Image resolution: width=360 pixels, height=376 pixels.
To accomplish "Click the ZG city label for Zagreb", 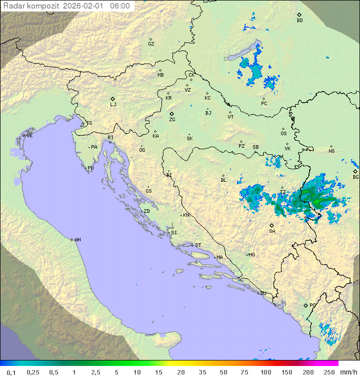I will (172, 120).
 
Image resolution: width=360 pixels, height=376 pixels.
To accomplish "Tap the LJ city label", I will (113, 105).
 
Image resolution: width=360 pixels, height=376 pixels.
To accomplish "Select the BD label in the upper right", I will (299, 21).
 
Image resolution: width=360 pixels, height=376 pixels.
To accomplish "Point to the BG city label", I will (355, 177).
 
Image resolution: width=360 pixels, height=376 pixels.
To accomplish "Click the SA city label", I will (272, 231).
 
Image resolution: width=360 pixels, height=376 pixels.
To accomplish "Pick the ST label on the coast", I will (198, 245).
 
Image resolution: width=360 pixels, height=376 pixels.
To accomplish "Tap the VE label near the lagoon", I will (29, 136).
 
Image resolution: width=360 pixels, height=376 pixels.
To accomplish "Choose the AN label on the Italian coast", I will (77, 240).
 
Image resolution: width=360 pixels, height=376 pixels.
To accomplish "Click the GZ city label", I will (151, 44).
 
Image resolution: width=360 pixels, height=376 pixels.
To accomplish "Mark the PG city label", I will (312, 305).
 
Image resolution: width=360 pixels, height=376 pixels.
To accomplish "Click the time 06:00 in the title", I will (120, 6).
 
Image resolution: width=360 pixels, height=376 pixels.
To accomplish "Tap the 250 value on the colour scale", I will (328, 372).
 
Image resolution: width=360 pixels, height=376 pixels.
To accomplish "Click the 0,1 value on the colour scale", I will (11, 372).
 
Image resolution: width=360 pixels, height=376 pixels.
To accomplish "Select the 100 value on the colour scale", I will (265, 372).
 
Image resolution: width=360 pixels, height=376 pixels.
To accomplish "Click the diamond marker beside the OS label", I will (283, 128).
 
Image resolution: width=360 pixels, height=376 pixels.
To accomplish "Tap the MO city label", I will (251, 255).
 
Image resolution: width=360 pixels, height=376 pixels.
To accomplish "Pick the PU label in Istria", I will (90, 168).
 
